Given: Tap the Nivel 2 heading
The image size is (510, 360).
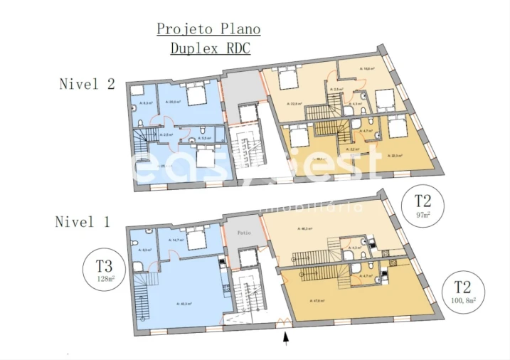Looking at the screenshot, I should (x=87, y=84).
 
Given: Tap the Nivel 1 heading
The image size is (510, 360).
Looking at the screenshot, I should (x=83, y=222).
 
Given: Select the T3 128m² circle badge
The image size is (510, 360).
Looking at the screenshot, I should (x=105, y=270).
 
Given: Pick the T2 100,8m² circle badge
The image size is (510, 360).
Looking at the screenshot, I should (x=462, y=292).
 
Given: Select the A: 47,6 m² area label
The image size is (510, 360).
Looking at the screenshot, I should (x=317, y=300).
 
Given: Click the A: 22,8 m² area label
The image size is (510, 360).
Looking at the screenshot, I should (x=295, y=104).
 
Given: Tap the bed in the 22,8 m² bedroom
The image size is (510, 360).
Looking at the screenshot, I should (x=288, y=79).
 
